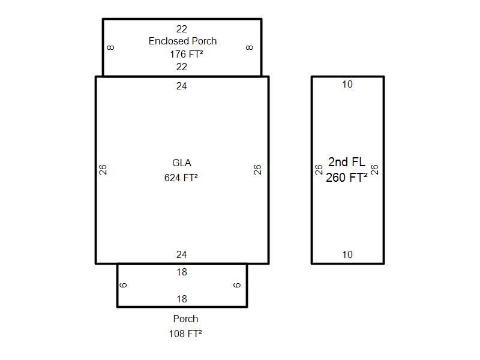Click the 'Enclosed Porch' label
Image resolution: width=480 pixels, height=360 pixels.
coord(182,41)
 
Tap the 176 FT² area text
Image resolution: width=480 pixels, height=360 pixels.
coord(187,54)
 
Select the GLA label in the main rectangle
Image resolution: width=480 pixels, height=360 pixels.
coord(182,163)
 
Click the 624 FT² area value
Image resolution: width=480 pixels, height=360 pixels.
coord(181,178)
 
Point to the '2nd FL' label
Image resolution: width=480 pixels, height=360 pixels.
coord(347,162)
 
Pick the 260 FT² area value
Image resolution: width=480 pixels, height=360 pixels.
coord(347,177)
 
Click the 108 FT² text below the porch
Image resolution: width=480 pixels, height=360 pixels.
coord(185,334)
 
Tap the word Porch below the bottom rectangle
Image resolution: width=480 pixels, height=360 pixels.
coord(185,319)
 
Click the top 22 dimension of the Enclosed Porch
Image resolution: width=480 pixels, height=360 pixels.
coord(182,29)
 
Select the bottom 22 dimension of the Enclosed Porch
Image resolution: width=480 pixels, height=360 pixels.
coord(182,67)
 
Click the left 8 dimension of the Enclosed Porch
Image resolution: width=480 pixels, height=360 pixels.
coord(111,47)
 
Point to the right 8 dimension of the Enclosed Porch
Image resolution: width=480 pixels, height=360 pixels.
coord(250,47)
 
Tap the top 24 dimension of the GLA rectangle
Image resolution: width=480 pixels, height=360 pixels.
coord(182,86)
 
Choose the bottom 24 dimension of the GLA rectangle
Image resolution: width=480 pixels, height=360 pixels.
coord(182,254)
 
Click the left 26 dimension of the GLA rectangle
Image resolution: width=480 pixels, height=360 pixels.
coord(103,170)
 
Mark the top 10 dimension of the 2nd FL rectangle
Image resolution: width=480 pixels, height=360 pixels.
coord(347,84)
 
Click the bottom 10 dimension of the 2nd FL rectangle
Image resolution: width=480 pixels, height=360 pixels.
coord(347,254)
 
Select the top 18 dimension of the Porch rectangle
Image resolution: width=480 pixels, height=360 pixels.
coord(182,272)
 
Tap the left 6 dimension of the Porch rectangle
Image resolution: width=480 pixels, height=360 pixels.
coord(123,286)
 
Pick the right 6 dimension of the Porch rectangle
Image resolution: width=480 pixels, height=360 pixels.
coord(237,286)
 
